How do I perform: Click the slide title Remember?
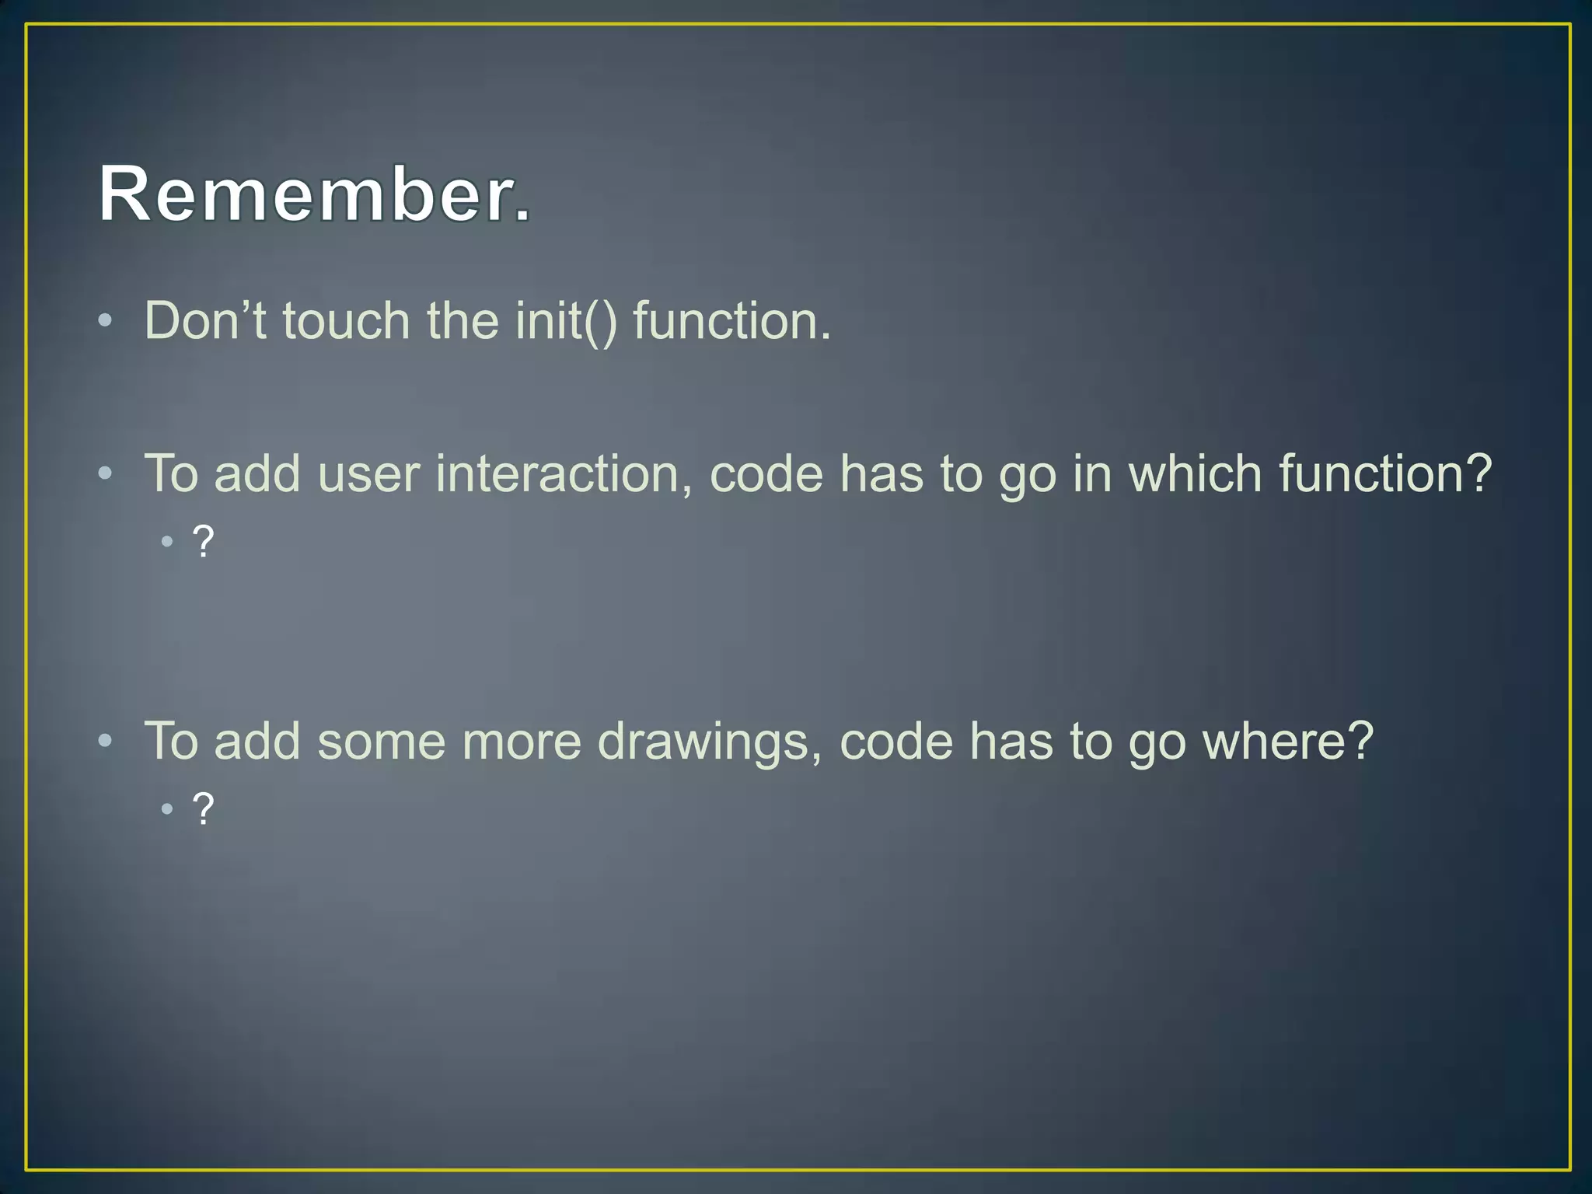click(315, 194)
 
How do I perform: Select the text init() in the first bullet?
click(566, 320)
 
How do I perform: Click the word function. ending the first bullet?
click(731, 320)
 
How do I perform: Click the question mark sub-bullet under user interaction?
click(203, 542)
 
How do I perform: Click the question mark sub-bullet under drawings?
click(203, 809)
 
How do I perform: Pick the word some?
click(381, 741)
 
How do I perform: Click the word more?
click(522, 741)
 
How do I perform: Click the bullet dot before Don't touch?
click(106, 320)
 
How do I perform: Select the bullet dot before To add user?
click(106, 473)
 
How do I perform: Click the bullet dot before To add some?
click(106, 741)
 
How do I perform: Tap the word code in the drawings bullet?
click(896, 741)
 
